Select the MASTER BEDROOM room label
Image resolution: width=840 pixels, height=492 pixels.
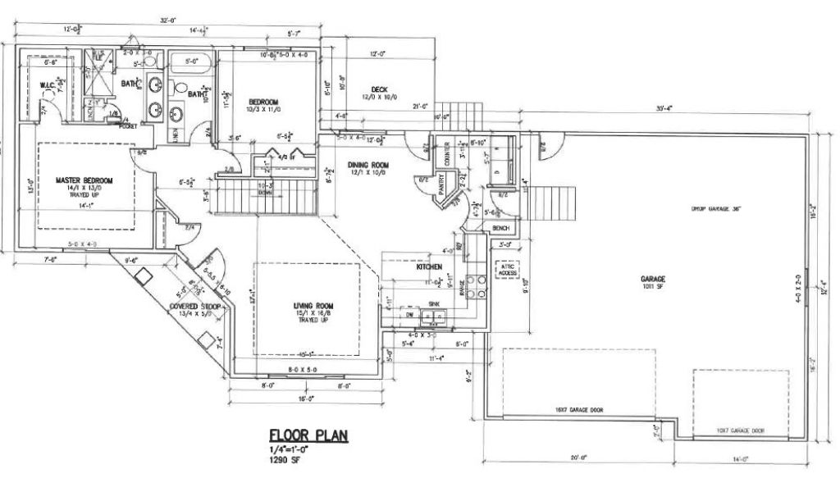(84, 180)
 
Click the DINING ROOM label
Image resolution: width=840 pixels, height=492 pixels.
(367, 165)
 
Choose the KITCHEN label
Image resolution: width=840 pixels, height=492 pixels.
(430, 268)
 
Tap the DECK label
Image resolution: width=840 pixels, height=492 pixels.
(378, 89)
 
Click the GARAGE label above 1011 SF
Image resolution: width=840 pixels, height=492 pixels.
(653, 279)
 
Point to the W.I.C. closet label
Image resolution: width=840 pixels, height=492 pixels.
(47, 85)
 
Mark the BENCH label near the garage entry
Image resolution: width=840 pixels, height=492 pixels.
(501, 227)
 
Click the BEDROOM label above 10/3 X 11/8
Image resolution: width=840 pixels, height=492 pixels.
(264, 102)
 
